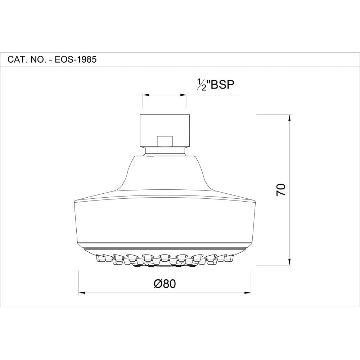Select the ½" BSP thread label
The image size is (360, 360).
[x=216, y=85]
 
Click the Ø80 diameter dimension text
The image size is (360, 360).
[x=165, y=284]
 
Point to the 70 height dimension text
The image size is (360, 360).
[x=281, y=190]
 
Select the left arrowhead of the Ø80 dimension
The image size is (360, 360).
[x=82, y=293]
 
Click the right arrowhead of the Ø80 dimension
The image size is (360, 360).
[x=248, y=293]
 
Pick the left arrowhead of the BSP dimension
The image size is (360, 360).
[x=146, y=95]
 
